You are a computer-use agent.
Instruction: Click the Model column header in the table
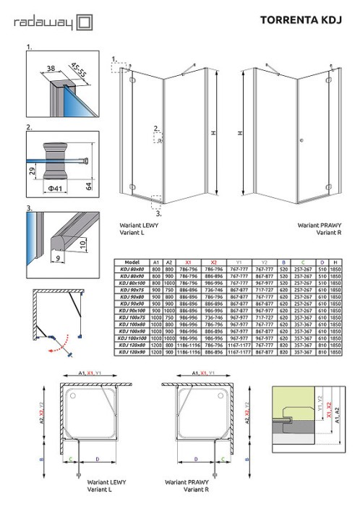pyautogui.click(x=132, y=263)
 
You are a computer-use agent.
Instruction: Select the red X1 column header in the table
pyautogui.click(x=187, y=263)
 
